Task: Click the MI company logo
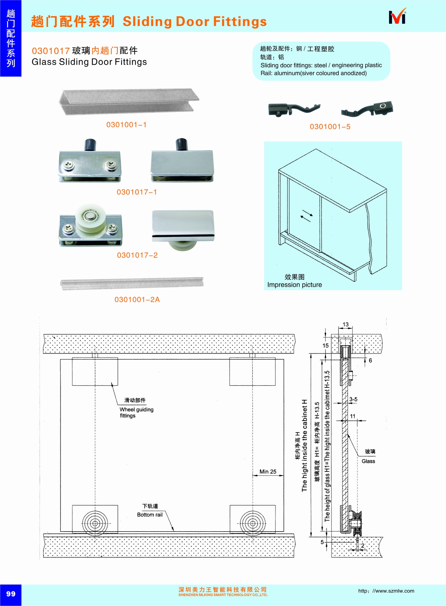[x=397, y=17]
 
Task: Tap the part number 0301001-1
[x=126, y=125]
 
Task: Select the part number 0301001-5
[x=330, y=127]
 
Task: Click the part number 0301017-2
[x=137, y=255]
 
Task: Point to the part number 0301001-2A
[x=137, y=300]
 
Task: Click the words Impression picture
[x=294, y=285]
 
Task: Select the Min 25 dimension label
[x=268, y=472]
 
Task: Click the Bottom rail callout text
[x=150, y=515]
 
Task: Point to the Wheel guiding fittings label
[x=136, y=412]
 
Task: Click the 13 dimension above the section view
[x=346, y=324]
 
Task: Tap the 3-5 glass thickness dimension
[x=353, y=399]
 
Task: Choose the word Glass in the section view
[x=368, y=461]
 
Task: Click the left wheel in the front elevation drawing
[x=95, y=524]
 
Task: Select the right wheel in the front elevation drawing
[x=252, y=524]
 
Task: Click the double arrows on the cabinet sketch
[x=307, y=216]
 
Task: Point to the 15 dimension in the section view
[x=325, y=345]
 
